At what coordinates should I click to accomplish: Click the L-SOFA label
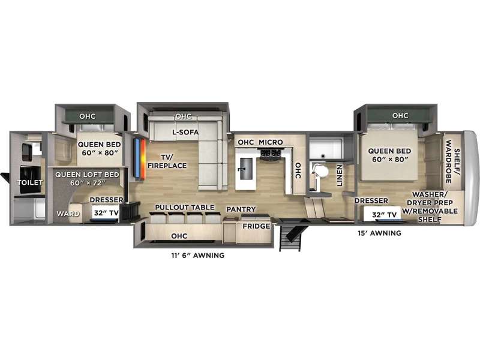click(185, 132)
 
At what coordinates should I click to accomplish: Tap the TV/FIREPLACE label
click(167, 161)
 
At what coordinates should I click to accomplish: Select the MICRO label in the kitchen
click(271, 142)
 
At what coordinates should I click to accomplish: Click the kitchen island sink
click(245, 169)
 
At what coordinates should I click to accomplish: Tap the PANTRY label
click(241, 209)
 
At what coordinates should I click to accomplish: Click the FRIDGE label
click(257, 226)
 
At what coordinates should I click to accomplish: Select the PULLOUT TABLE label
click(185, 207)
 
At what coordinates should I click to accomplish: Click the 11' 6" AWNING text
click(198, 256)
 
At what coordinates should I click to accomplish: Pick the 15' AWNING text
click(380, 233)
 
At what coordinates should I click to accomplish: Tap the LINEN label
click(340, 175)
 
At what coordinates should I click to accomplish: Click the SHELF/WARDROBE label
click(452, 161)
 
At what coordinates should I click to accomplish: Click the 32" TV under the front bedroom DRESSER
click(384, 215)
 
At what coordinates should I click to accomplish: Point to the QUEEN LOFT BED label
click(87, 178)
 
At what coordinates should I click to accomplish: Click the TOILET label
click(30, 183)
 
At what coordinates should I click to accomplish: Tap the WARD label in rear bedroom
click(68, 214)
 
